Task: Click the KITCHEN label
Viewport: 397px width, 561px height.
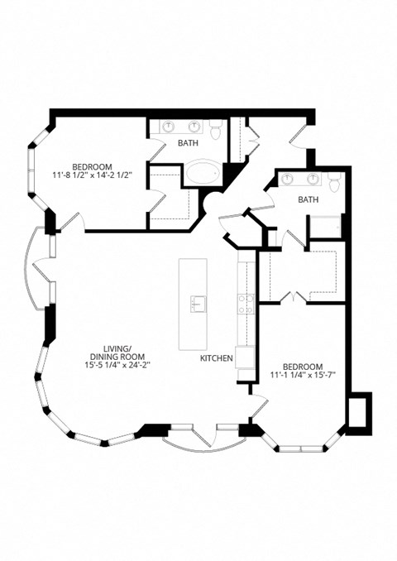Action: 216,358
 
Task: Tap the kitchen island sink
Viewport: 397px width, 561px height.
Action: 197,303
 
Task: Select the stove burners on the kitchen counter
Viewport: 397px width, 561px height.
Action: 246,304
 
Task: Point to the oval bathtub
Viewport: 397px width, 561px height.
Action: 202,174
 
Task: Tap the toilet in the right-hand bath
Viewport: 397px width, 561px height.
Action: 333,183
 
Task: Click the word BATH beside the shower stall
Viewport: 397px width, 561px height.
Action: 309,199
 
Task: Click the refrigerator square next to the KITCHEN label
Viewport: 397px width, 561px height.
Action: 245,358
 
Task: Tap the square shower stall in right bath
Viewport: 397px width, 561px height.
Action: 325,228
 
